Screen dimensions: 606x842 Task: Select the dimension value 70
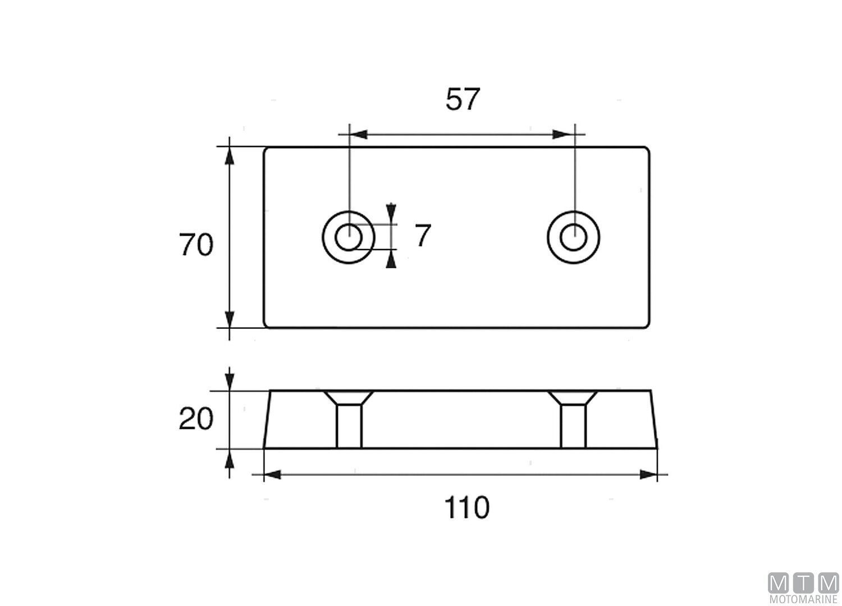tap(196, 245)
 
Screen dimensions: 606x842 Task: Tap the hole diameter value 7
tap(423, 236)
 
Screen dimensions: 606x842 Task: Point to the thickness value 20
tap(196, 419)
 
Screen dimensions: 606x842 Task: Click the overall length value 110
tap(466, 508)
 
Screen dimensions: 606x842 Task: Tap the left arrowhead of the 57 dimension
tap(358, 135)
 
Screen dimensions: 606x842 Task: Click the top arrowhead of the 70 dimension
tap(229, 156)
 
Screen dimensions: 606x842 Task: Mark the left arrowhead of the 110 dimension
tap(273, 475)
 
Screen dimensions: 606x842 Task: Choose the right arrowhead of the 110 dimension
tap(648, 475)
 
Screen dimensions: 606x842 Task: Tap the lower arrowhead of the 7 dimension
tap(391, 259)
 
